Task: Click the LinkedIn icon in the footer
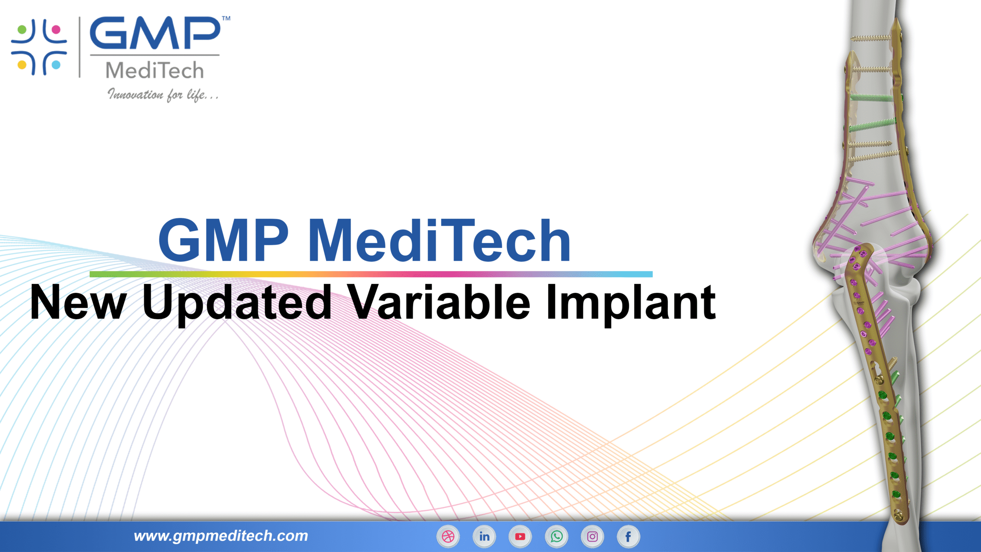coord(484,536)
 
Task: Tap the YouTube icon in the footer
coord(520,536)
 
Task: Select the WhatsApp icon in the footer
coord(556,536)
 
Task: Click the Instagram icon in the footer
coord(592,536)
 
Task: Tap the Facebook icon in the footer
coord(628,536)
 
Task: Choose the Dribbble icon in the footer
coord(448,536)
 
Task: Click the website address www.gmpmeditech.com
coord(221,536)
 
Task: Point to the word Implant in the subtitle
coord(630,303)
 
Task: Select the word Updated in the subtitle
coord(237,303)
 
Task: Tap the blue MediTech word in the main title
coord(439,240)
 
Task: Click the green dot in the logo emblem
coord(22,30)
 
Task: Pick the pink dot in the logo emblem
coord(56,30)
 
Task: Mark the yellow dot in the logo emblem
coord(22,64)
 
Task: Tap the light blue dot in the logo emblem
coord(56,64)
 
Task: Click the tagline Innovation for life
coord(163,94)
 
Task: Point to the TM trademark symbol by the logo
coord(226,18)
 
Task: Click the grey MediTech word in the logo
coord(154,71)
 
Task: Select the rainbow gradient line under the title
coord(371,274)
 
